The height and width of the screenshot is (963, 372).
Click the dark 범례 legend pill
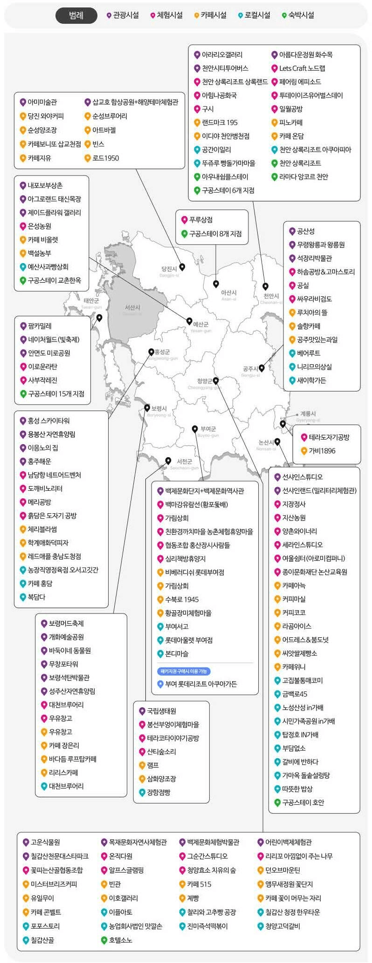click(x=76, y=15)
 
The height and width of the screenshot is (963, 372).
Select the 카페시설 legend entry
click(x=210, y=15)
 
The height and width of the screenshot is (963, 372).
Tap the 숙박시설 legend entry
click(x=298, y=15)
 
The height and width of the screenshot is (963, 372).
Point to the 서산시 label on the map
click(x=132, y=308)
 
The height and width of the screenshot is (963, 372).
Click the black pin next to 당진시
click(x=182, y=267)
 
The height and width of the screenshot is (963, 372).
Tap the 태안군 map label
click(x=91, y=301)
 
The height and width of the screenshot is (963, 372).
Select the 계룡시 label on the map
click(x=308, y=413)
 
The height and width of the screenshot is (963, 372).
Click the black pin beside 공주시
click(x=262, y=368)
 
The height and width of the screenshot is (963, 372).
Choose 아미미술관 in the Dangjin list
click(x=42, y=102)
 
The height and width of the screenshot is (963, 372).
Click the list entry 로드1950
click(x=105, y=158)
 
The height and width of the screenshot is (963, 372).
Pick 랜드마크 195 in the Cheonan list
click(x=219, y=123)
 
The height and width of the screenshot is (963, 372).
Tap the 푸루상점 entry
click(x=200, y=220)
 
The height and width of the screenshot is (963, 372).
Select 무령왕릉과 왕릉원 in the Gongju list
click(x=321, y=245)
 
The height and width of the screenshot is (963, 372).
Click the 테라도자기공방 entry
click(x=329, y=437)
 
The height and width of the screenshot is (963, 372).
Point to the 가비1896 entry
click(x=322, y=451)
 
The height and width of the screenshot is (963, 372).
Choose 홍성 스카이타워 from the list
click(x=48, y=421)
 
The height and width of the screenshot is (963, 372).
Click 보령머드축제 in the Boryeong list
click(x=66, y=623)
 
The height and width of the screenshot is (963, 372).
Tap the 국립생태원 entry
click(x=161, y=711)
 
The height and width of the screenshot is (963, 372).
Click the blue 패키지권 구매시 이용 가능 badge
click(x=184, y=671)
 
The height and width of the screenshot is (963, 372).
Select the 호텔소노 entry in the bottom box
click(x=120, y=940)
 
